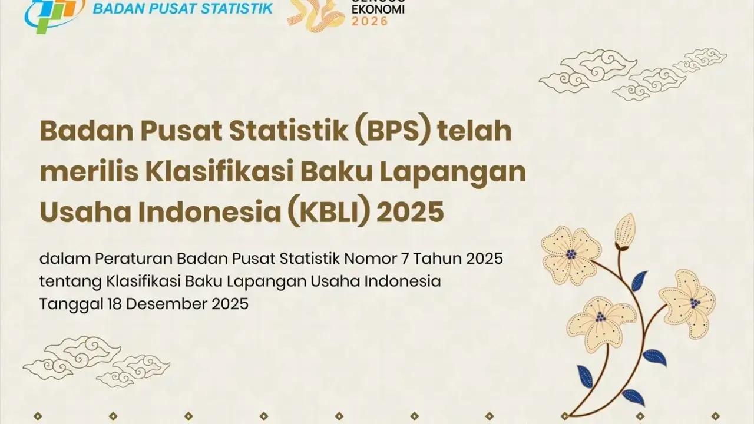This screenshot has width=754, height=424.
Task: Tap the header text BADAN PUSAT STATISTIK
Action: [183, 9]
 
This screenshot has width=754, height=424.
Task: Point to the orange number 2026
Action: [370, 21]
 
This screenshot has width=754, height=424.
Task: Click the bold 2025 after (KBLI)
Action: [411, 211]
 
